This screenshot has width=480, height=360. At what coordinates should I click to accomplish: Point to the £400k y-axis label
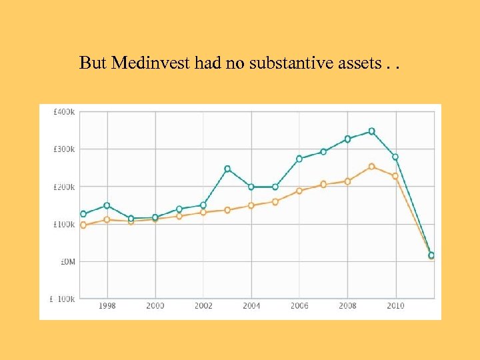[x=64, y=111]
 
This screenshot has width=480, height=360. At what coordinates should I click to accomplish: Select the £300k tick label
[x=64, y=149]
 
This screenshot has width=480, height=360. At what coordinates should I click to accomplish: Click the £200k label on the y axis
[x=64, y=187]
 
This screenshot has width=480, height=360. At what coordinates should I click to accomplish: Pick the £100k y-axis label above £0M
[x=64, y=224]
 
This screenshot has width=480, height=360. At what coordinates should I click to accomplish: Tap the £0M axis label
[x=67, y=261]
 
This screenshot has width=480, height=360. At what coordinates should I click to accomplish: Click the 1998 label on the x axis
[x=107, y=305]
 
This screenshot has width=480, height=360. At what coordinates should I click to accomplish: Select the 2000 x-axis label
[x=155, y=305]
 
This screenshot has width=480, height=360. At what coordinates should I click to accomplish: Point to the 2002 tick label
[x=203, y=305]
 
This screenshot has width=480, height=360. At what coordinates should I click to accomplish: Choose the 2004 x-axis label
[x=251, y=305]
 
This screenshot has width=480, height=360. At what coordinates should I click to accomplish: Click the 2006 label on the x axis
[x=299, y=305]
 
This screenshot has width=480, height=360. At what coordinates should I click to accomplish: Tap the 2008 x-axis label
[x=347, y=305]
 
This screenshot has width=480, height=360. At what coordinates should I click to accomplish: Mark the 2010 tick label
[x=395, y=305]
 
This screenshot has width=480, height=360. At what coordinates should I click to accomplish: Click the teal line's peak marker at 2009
[x=372, y=131]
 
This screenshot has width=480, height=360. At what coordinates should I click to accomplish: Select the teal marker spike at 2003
[x=227, y=169]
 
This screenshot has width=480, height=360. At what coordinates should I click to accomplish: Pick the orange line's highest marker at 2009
[x=372, y=167]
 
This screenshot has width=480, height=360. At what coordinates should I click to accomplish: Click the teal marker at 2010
[x=395, y=157]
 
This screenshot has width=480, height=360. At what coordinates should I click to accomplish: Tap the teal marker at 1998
[x=107, y=205]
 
